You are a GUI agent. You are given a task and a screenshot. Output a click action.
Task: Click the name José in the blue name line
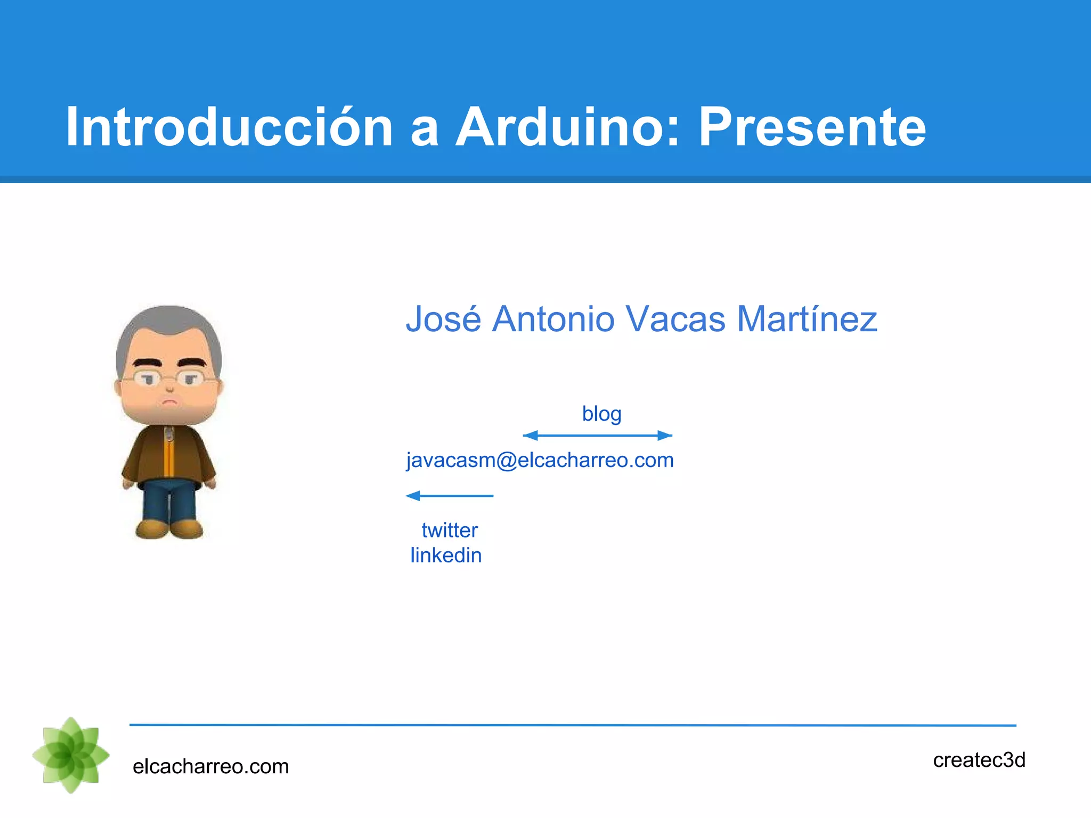[x=443, y=319]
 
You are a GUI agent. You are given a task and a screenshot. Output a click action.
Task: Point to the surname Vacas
[x=675, y=319]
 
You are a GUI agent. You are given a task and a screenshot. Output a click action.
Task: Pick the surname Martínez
[x=807, y=319]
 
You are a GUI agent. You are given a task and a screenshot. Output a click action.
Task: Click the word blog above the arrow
[x=601, y=414]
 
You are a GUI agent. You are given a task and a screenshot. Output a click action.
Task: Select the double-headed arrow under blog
[x=597, y=436]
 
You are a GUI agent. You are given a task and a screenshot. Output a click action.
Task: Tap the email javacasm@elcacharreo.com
[x=540, y=460]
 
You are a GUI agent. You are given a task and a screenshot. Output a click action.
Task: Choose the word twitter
[x=450, y=530]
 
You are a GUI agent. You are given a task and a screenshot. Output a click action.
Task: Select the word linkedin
[x=446, y=555]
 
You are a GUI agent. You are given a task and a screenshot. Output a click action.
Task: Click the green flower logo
[x=71, y=755]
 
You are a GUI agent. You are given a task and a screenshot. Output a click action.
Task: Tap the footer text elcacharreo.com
[x=210, y=766]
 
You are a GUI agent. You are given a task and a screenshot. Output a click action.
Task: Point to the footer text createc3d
[x=979, y=760]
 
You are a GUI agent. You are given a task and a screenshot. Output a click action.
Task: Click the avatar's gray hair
[x=169, y=325]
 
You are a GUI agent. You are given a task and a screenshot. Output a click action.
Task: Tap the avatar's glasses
[x=169, y=379]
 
